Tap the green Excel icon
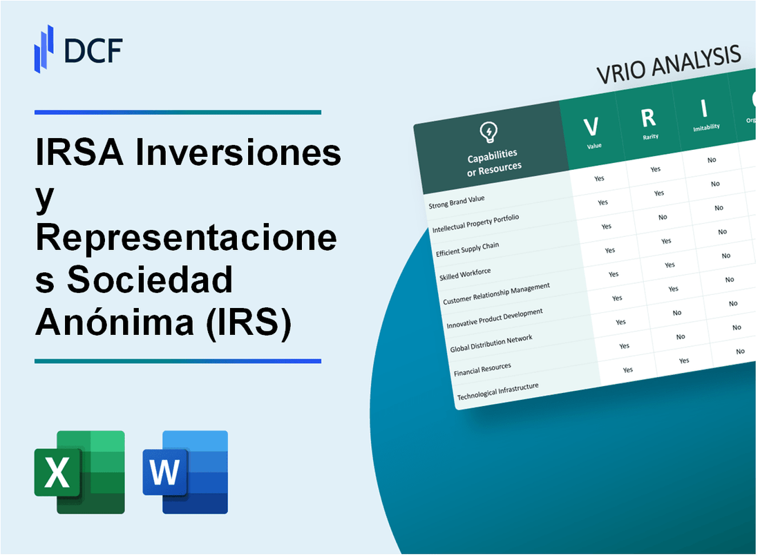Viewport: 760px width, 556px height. (x=79, y=472)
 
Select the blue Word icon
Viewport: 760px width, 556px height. (x=185, y=472)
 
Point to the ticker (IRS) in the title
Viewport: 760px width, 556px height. (x=246, y=323)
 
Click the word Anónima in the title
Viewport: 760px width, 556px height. (x=114, y=323)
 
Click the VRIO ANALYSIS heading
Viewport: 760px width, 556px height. (x=669, y=66)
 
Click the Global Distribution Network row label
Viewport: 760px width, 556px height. (x=491, y=343)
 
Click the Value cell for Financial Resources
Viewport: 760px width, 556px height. (x=625, y=346)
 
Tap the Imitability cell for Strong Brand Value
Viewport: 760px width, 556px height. (x=712, y=160)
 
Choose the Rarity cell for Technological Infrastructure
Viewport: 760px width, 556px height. (x=684, y=361)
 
